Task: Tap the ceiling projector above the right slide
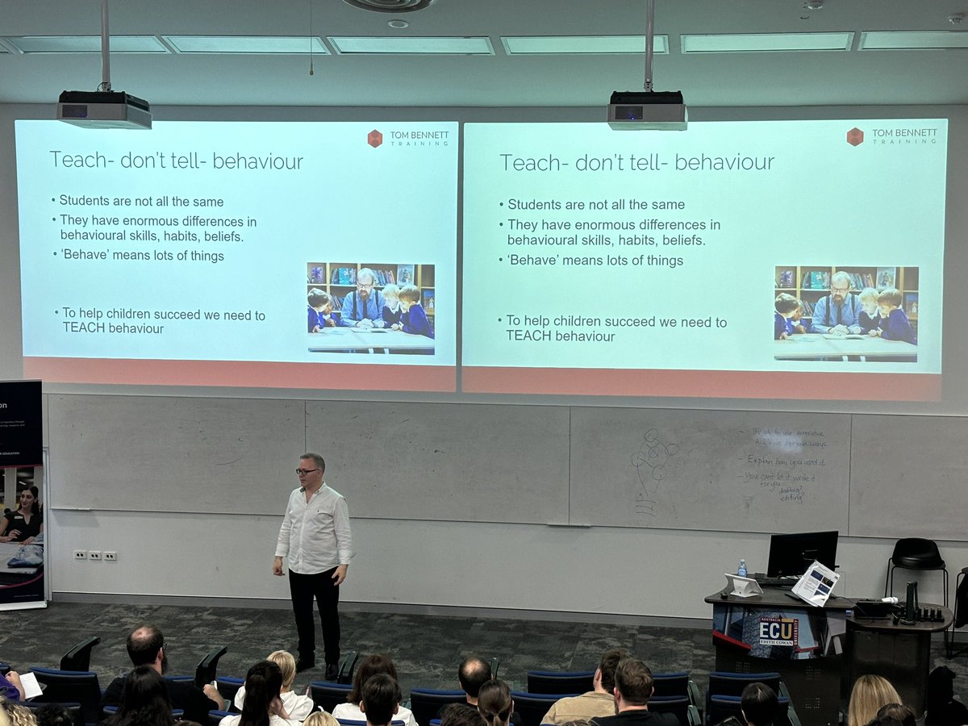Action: (x=647, y=111)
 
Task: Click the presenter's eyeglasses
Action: (x=307, y=471)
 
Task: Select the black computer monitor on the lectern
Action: (x=802, y=553)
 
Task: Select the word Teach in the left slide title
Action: (x=80, y=160)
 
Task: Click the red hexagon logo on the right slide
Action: (x=855, y=136)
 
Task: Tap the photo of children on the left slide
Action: (x=371, y=307)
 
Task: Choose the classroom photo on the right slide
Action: (x=845, y=313)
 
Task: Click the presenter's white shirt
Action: (x=315, y=528)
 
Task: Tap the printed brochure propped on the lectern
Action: (x=815, y=583)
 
